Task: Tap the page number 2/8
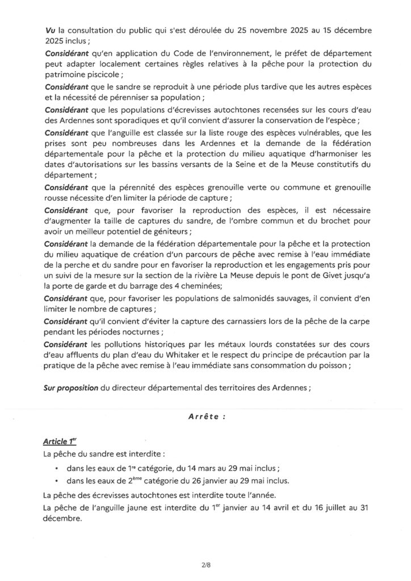(205, 565)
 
